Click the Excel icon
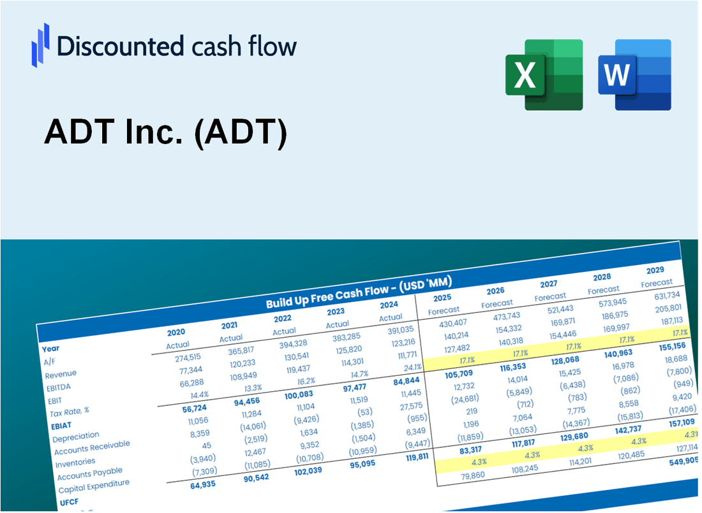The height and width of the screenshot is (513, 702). (x=544, y=74)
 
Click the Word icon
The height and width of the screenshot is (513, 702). (x=634, y=74)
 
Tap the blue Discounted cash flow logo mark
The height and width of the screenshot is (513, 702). (x=40, y=45)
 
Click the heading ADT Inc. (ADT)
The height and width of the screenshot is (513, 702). (x=166, y=134)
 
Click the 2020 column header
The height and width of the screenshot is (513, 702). (x=176, y=332)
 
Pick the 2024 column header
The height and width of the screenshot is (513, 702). (x=389, y=304)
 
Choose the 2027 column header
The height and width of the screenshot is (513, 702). (x=548, y=284)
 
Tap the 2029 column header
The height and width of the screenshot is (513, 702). (x=655, y=270)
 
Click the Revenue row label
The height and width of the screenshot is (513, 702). (x=61, y=373)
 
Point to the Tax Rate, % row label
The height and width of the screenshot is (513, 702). (x=70, y=411)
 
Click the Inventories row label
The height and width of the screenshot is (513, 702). (x=75, y=461)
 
